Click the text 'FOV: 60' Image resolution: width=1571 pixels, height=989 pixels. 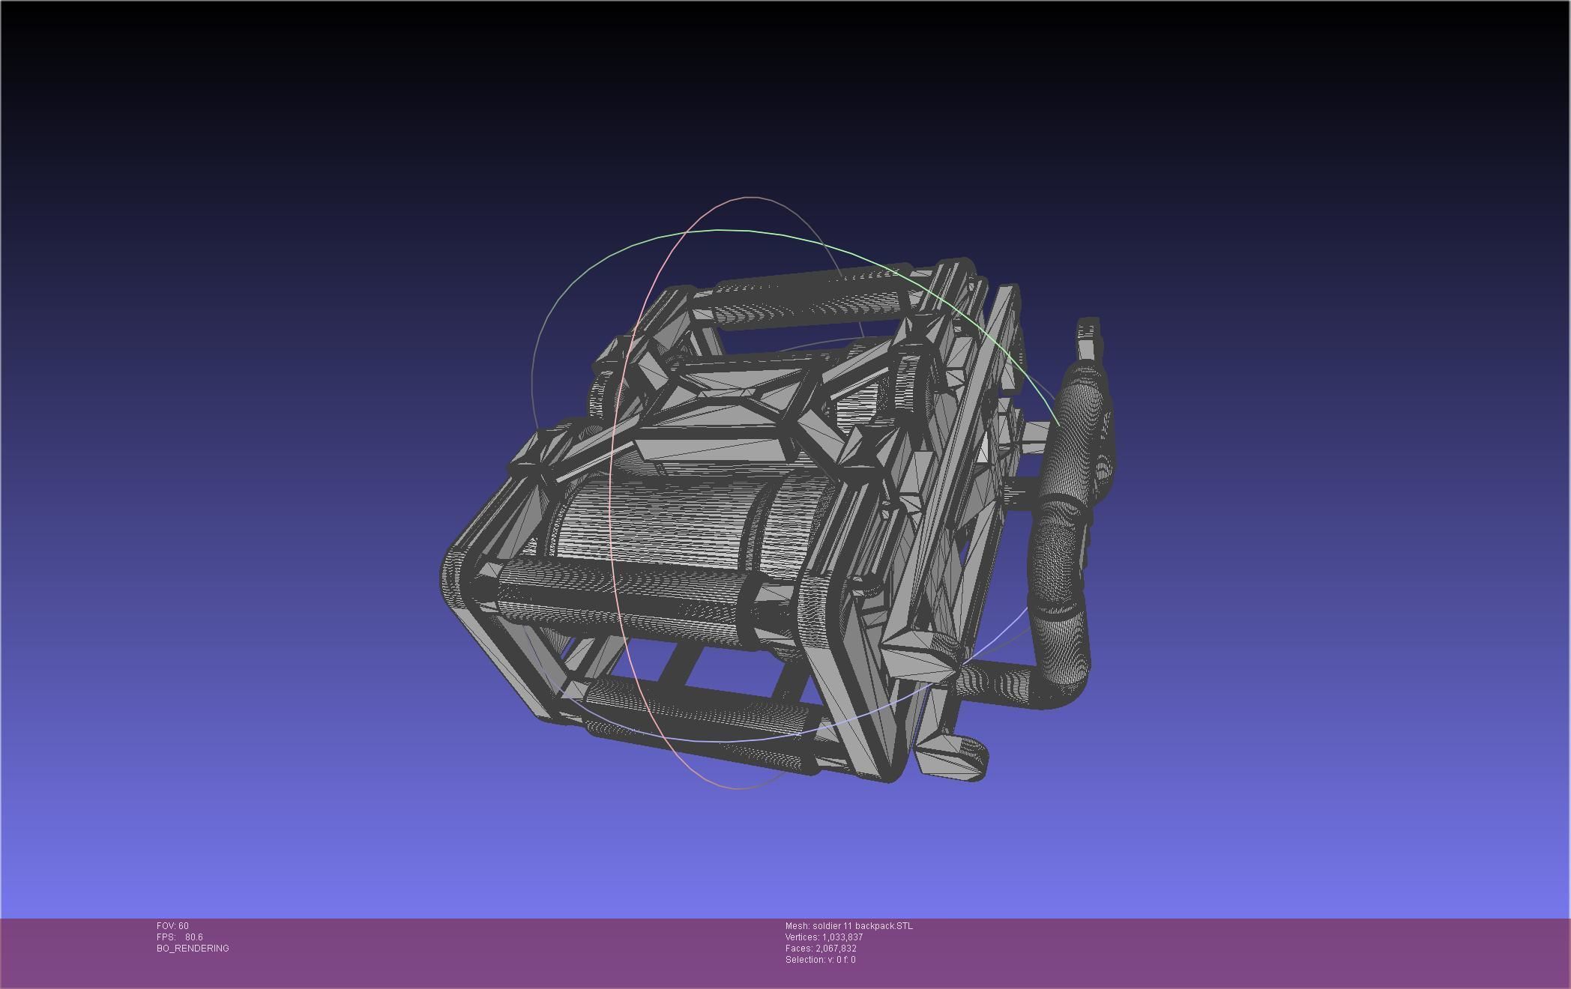coord(172,926)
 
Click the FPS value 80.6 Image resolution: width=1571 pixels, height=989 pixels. coord(193,937)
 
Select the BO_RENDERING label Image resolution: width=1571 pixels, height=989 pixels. coord(193,949)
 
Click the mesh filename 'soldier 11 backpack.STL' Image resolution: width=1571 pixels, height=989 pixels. coord(861,926)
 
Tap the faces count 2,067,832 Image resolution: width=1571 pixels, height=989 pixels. coord(836,949)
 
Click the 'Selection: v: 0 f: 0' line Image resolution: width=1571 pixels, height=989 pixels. coord(820,960)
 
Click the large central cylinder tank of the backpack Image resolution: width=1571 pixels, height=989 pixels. coord(660,517)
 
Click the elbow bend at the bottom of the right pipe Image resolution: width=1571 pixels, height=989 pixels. coord(1064,686)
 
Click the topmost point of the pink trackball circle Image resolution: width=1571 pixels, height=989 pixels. coord(750,198)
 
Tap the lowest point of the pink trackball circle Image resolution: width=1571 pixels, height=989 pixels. coord(738,788)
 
